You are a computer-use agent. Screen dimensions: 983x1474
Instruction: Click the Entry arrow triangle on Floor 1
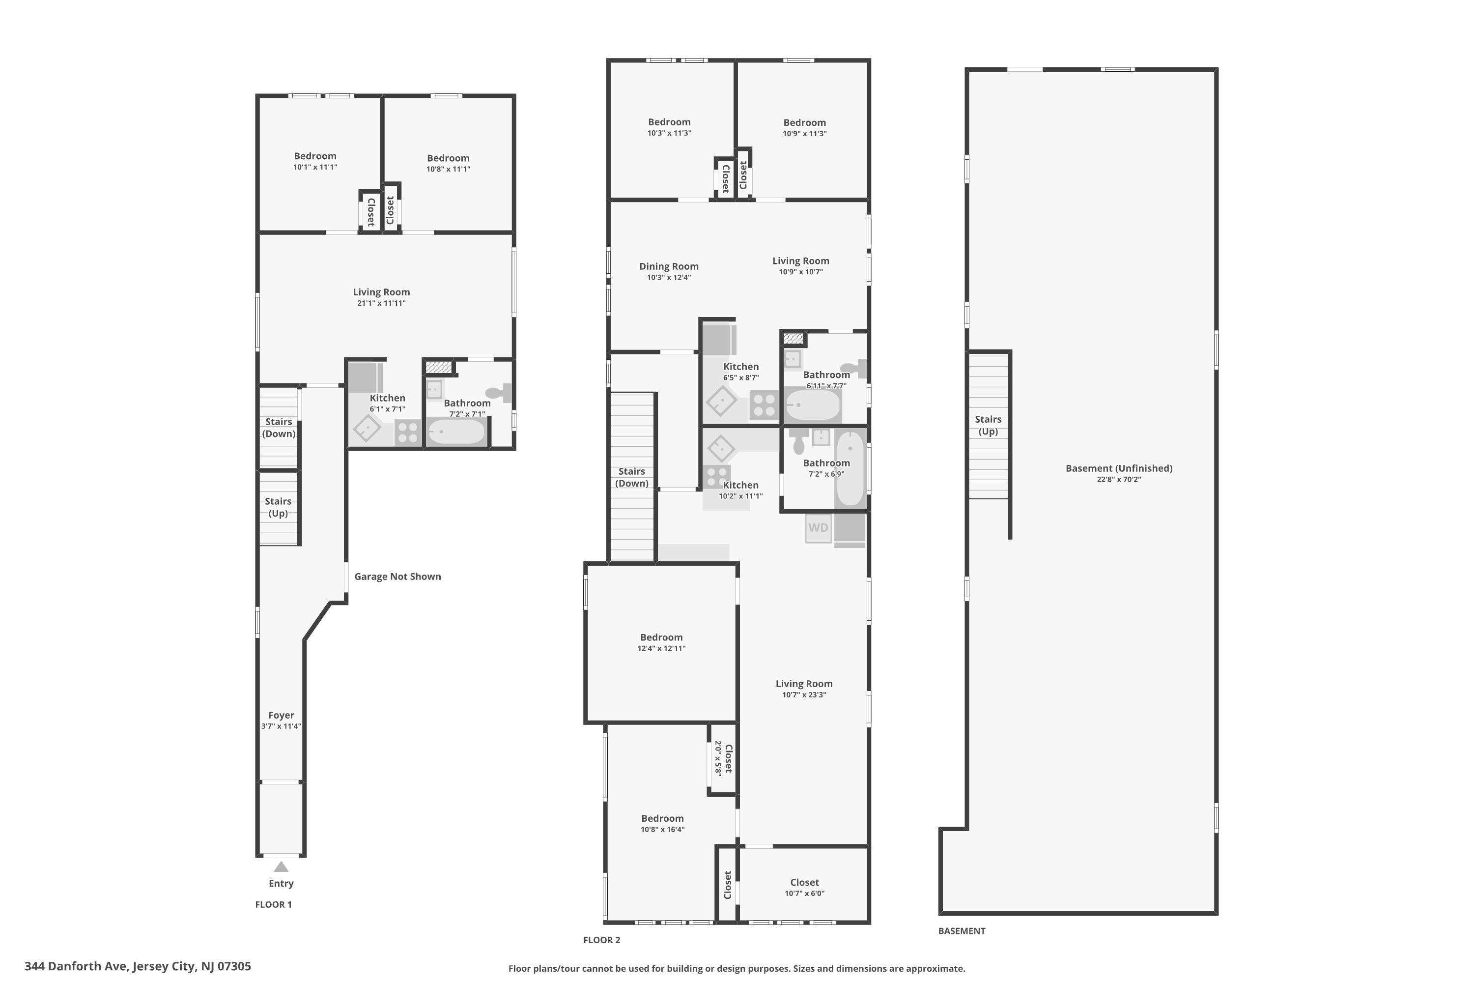(281, 867)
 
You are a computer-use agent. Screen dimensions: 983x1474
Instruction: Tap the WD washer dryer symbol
(818, 528)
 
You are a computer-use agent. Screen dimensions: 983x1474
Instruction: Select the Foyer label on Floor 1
(281, 715)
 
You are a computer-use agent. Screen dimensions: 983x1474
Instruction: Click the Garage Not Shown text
(397, 577)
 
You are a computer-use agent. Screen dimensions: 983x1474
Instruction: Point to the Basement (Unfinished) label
(1119, 468)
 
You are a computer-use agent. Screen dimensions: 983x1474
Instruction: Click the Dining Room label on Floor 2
(669, 266)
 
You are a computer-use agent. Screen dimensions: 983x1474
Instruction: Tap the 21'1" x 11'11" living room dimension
(381, 303)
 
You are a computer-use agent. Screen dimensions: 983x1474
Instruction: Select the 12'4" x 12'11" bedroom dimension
(661, 648)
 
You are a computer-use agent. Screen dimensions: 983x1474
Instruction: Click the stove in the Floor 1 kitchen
(407, 433)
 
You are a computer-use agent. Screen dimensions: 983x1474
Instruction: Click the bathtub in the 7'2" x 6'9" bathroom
(850, 469)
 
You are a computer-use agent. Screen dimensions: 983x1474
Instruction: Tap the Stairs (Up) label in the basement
(988, 425)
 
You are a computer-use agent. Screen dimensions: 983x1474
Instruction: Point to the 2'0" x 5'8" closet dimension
(718, 758)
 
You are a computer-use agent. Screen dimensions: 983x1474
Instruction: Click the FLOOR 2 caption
(601, 940)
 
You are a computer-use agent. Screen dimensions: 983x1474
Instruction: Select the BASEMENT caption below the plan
(962, 931)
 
